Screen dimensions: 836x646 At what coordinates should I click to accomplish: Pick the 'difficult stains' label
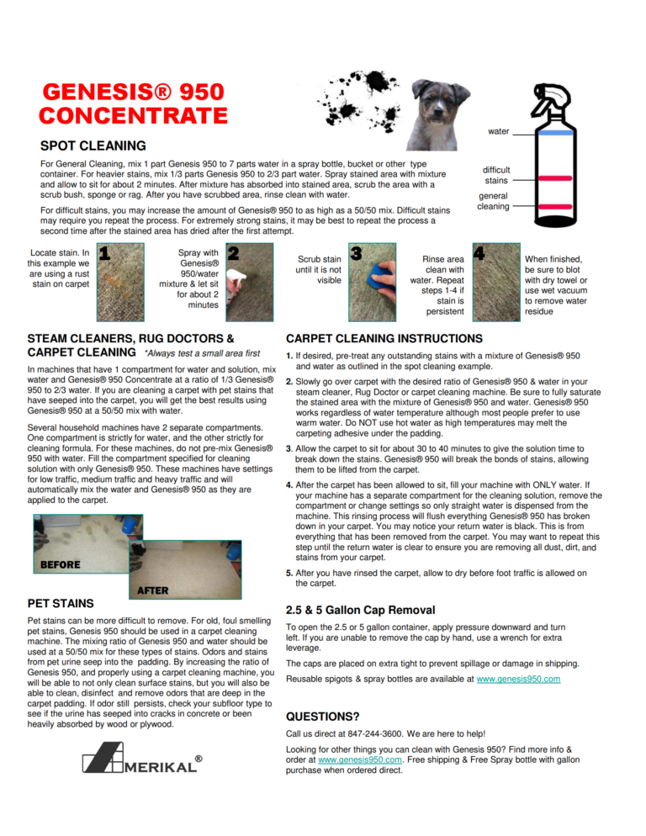[x=495, y=175]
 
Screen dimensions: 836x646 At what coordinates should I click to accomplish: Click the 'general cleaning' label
[x=493, y=201]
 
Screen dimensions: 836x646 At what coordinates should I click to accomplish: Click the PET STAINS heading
[x=61, y=604]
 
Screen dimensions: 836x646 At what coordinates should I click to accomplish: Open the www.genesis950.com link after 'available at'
[x=517, y=679]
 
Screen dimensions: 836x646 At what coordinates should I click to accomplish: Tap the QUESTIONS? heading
[x=323, y=717]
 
